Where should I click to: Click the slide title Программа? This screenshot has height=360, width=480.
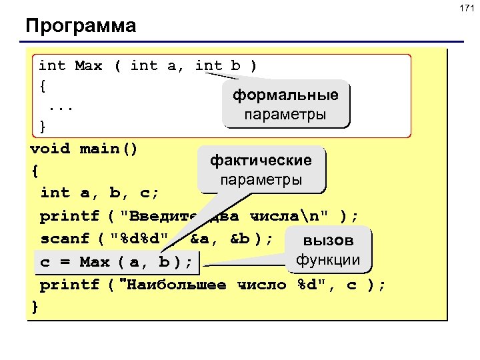click(x=81, y=27)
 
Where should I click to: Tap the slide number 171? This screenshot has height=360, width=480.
click(x=465, y=9)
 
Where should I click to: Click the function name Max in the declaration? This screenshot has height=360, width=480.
click(x=89, y=66)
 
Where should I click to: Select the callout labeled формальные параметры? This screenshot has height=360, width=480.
click(x=285, y=105)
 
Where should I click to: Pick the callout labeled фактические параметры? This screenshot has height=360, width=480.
click(x=261, y=170)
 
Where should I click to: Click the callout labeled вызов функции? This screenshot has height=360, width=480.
click(x=328, y=250)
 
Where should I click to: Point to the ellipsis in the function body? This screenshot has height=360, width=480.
click(x=61, y=107)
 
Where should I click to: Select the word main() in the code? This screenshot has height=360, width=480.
click(x=109, y=148)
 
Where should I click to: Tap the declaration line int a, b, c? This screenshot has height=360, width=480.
click(x=99, y=193)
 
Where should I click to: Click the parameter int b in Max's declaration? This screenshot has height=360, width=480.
click(x=217, y=66)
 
